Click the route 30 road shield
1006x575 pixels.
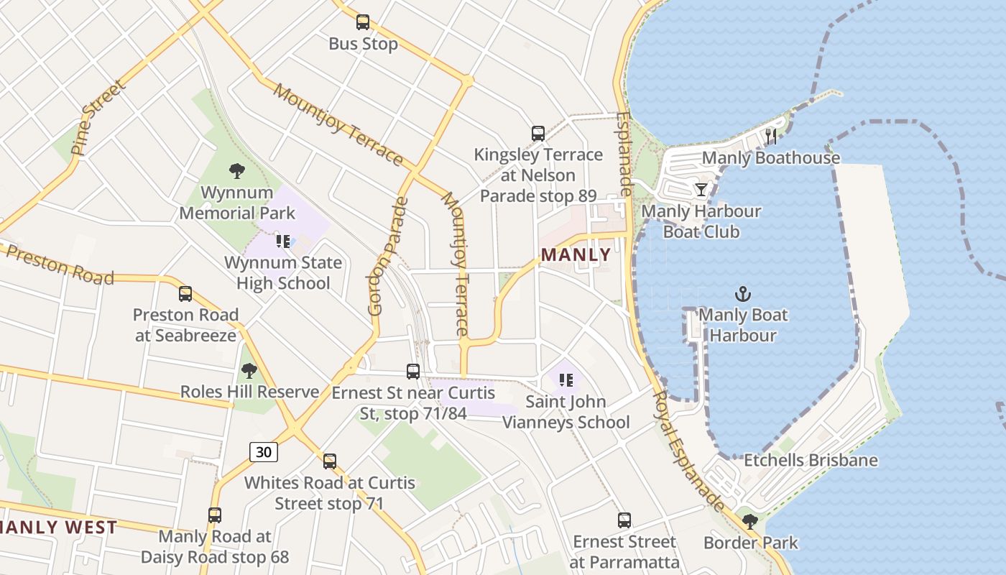click(264, 451)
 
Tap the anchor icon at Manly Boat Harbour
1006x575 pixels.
click(743, 294)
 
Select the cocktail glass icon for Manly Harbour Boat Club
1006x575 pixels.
click(701, 190)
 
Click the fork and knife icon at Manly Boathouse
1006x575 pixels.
click(772, 137)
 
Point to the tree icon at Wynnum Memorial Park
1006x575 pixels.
click(237, 171)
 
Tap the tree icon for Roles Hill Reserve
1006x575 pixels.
click(249, 371)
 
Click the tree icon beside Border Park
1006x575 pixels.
click(750, 522)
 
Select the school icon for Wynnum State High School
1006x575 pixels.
click(283, 241)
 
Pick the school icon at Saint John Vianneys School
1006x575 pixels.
click(566, 380)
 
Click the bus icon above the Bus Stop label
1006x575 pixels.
click(363, 22)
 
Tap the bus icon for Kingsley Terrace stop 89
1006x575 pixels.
click(538, 134)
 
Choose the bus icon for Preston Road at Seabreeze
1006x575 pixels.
click(185, 294)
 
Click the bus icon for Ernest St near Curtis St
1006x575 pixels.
click(413, 372)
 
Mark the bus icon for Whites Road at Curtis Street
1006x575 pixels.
click(330, 461)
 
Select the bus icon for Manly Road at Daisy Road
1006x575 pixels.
click(215, 515)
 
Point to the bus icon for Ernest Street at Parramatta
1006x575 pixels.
click(624, 520)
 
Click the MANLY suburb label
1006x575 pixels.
click(576, 254)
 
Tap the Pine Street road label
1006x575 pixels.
click(98, 119)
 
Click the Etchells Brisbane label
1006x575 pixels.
click(811, 460)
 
